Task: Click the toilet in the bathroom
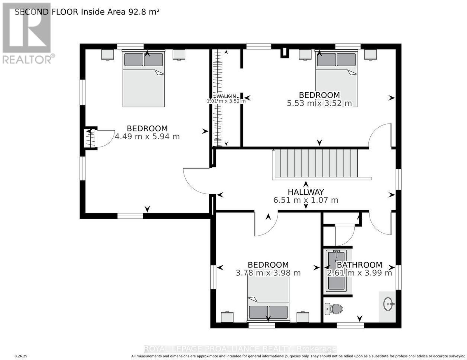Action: (334, 309)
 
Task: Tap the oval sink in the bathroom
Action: (389, 304)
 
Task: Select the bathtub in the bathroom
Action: (337, 271)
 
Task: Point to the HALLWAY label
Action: (306, 192)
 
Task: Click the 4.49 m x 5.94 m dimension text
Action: (147, 136)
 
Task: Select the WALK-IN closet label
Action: (226, 96)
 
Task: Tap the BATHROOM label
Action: (359, 265)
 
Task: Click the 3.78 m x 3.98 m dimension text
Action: (268, 273)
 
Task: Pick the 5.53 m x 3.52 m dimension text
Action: (320, 103)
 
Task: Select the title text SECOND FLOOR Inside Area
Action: (70, 12)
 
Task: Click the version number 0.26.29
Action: (21, 356)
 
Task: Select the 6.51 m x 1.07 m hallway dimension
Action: (306, 200)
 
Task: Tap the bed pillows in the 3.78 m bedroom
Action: (268, 312)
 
